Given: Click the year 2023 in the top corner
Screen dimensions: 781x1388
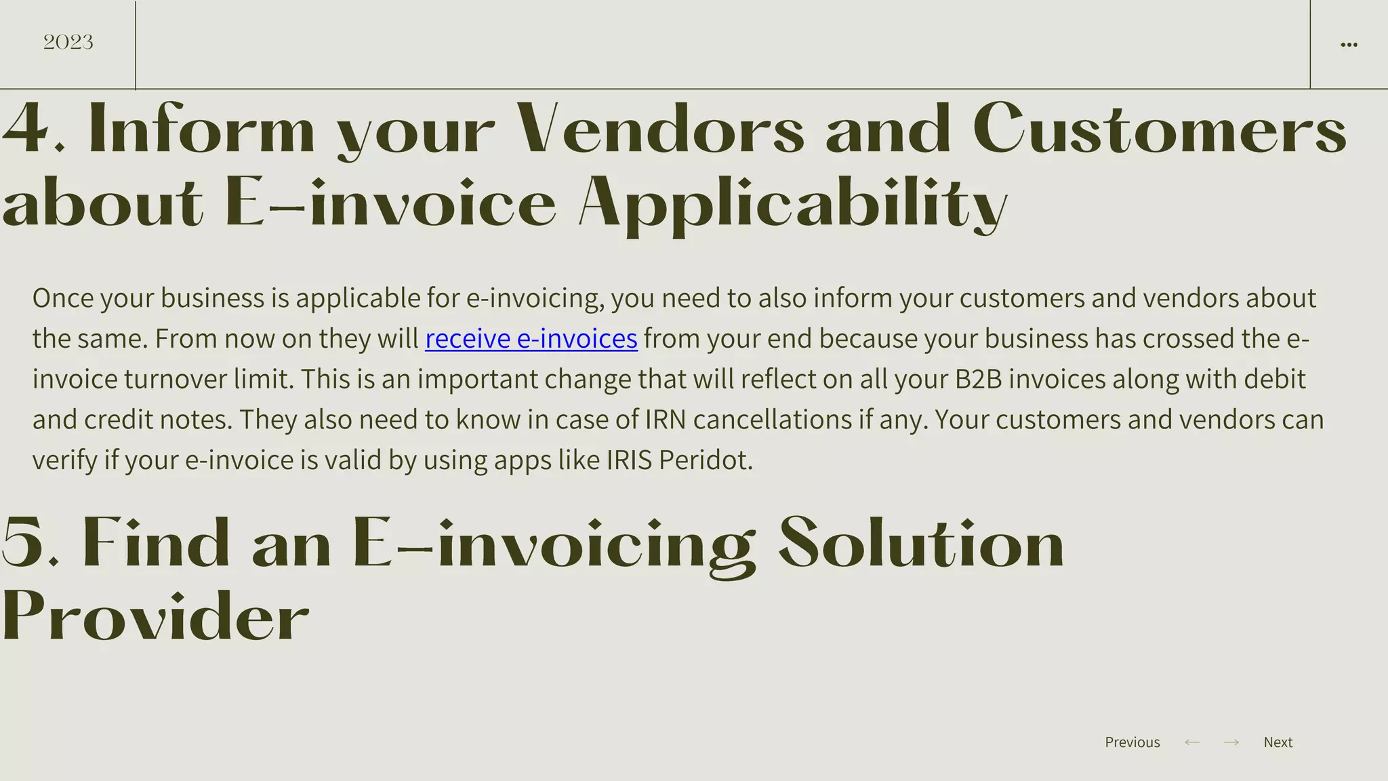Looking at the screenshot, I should (x=68, y=42).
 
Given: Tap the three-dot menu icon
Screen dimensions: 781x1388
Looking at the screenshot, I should (x=1349, y=45).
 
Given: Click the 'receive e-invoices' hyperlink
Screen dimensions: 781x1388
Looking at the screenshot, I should (x=531, y=338).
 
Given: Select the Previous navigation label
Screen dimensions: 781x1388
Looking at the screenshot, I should (x=1132, y=742).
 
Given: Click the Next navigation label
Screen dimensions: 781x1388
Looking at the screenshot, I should (x=1278, y=742).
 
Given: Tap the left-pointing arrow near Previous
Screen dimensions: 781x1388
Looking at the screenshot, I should (x=1191, y=742).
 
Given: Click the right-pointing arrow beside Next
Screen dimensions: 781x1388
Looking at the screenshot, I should (x=1231, y=742).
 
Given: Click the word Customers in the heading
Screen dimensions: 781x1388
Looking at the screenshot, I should (x=1160, y=129).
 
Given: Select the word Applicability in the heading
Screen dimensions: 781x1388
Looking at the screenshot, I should (x=793, y=203).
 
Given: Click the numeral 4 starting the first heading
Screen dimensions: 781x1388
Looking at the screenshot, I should (x=24, y=129).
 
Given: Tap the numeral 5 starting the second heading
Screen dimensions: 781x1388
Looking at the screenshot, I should (x=23, y=542).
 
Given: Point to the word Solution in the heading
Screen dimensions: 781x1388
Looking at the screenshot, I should (x=921, y=542).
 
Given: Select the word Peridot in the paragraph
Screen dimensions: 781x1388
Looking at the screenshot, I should (x=705, y=460).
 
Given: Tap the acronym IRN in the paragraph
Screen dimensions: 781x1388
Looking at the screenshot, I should (x=665, y=420).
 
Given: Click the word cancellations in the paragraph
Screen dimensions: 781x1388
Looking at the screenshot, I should (x=772, y=420).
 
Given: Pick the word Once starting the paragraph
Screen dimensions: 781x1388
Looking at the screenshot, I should (x=63, y=298).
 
